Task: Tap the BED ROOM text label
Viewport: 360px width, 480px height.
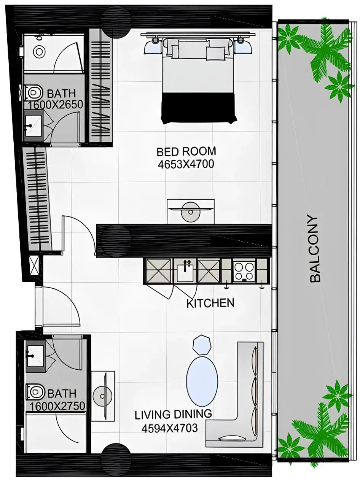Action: tap(186, 151)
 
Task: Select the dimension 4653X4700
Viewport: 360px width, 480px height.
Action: tap(186, 164)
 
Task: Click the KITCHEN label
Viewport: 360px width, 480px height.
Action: tap(210, 303)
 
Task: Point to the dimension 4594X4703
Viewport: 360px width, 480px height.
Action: tap(170, 428)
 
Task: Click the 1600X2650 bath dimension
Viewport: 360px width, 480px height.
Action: tap(56, 105)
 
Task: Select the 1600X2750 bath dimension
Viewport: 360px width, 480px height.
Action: tap(57, 406)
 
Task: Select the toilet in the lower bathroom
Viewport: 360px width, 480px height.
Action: tap(35, 392)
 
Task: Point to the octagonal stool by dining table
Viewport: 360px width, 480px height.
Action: tap(202, 345)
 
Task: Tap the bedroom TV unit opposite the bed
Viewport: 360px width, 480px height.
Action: tap(190, 211)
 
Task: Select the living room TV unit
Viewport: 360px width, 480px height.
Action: tap(103, 396)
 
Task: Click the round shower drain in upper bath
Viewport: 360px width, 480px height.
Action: tap(39, 51)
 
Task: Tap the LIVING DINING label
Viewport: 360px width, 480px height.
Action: tap(173, 415)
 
